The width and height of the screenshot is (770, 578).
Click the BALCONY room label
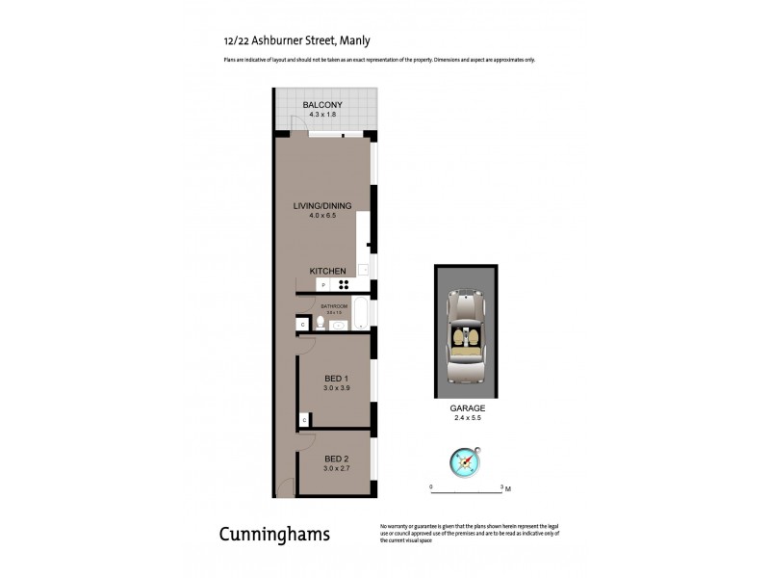click(x=322, y=105)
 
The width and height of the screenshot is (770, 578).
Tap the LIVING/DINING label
click(x=322, y=205)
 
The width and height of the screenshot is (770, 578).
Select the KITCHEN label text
click(x=327, y=272)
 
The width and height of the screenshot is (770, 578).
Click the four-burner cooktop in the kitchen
click(x=343, y=284)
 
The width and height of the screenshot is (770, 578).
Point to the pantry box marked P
click(x=323, y=285)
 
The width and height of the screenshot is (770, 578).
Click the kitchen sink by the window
click(x=365, y=270)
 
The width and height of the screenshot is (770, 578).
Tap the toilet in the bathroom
click(x=320, y=323)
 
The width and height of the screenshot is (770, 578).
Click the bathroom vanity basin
click(x=339, y=326)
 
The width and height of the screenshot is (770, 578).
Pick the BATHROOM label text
click(x=334, y=305)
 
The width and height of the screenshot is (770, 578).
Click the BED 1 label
click(x=335, y=378)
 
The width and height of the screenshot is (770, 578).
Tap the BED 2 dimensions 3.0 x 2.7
click(x=335, y=468)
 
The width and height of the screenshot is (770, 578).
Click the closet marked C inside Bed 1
click(x=304, y=420)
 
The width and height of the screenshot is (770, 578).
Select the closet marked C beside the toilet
click(x=303, y=326)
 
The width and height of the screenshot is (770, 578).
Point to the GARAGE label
click(x=467, y=408)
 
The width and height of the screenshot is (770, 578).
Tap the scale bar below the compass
click(x=468, y=487)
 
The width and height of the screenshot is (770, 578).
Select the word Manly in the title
click(x=354, y=40)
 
